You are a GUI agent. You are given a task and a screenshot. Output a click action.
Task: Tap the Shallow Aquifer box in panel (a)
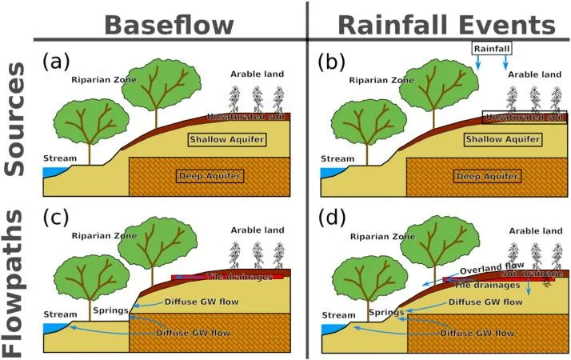click(x=226, y=139)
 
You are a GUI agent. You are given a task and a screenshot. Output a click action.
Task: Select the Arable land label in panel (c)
click(x=258, y=230)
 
